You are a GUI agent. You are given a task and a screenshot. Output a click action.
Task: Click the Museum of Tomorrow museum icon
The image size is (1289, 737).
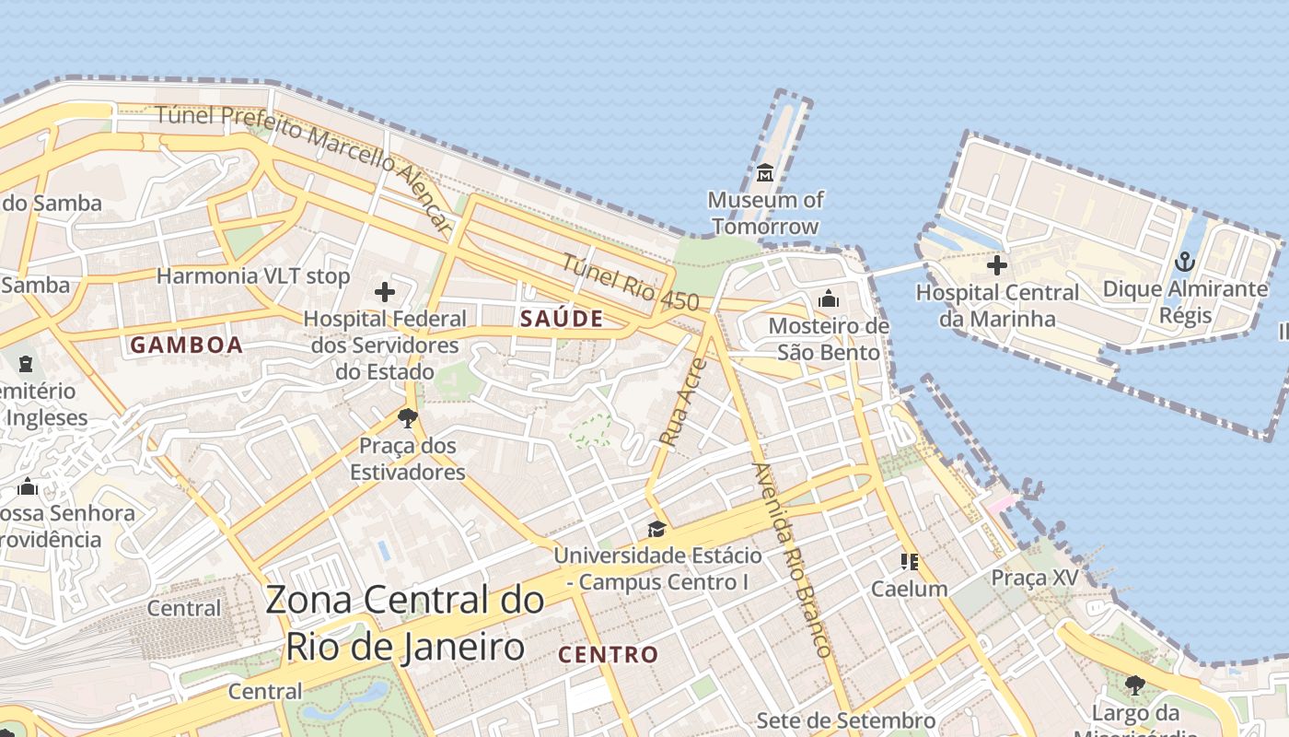point(764,172)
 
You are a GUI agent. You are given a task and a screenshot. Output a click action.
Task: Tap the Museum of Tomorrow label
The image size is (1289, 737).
point(765,213)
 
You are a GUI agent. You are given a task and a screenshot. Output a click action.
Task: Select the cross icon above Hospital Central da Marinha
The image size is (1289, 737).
point(996,266)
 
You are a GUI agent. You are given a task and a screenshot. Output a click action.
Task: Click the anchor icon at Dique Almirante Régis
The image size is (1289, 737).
point(1184,263)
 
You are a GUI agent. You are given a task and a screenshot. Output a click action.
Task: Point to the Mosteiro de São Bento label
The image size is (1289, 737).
point(829,339)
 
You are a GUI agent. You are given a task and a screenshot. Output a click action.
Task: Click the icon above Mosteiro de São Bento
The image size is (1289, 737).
point(829,298)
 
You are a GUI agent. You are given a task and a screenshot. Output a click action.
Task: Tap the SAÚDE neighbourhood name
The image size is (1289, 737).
point(562,319)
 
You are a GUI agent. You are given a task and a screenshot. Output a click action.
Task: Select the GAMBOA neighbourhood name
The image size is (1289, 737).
point(187,345)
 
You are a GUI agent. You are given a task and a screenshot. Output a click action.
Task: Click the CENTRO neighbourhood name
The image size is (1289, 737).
point(609,655)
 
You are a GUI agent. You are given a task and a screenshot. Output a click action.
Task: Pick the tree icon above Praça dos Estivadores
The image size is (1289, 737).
point(407,418)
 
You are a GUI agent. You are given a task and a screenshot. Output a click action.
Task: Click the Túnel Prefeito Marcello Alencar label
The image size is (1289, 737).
point(304,161)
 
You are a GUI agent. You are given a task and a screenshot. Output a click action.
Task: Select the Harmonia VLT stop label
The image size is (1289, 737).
point(253,275)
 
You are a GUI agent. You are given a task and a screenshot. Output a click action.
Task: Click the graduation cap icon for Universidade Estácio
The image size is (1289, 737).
point(656,529)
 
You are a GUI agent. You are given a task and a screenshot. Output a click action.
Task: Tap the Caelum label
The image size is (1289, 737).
point(909,589)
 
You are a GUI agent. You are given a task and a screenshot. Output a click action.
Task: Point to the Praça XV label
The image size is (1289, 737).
point(1034,578)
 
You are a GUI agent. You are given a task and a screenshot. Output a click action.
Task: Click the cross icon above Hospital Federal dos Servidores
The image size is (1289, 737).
point(385,293)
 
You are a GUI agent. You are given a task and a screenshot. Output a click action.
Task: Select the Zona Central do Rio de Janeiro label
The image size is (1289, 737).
point(405,623)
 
